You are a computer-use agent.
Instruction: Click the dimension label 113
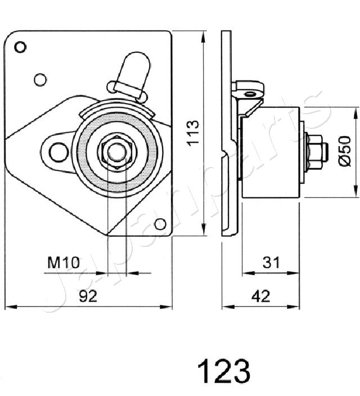point(193,133)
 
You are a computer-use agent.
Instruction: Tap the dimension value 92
point(88,296)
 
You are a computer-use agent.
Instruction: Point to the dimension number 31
point(271,262)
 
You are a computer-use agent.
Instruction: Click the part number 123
point(223,371)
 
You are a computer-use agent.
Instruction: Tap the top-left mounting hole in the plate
point(21,47)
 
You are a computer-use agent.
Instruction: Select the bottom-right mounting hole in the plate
point(160,224)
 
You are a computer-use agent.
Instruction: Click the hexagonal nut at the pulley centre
point(116,151)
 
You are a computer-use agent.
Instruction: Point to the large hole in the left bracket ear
point(57,151)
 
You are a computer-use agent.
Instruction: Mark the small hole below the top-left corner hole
point(39,79)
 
